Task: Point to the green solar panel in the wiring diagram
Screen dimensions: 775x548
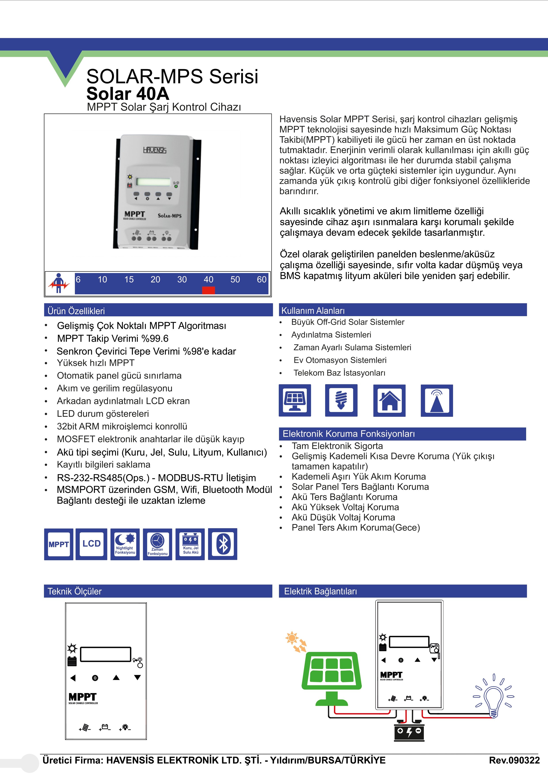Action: point(332,672)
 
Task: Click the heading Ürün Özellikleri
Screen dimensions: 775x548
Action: point(76,311)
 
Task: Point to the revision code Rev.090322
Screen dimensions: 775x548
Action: point(514,760)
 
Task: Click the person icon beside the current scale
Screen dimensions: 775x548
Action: point(59,283)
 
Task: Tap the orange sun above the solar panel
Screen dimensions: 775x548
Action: point(292,638)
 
